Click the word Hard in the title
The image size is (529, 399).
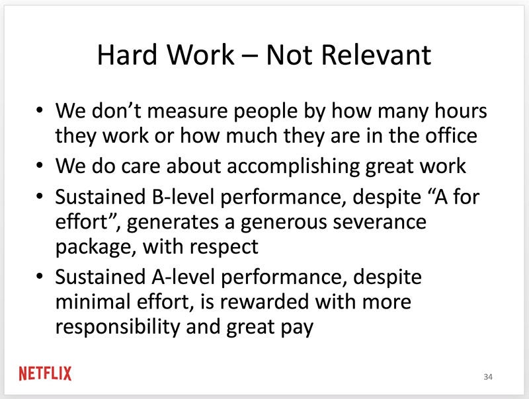click(127, 55)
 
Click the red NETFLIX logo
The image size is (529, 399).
click(45, 373)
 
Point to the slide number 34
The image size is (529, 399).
click(488, 377)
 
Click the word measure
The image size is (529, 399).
click(188, 111)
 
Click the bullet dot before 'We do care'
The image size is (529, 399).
click(40, 165)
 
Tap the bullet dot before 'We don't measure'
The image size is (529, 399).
click(40, 110)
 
